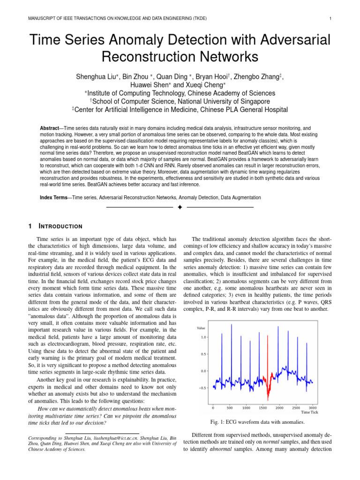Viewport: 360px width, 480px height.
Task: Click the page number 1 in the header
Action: point(330,18)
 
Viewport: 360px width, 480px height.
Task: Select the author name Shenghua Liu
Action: point(96,77)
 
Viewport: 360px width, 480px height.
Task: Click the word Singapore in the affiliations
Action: point(251,101)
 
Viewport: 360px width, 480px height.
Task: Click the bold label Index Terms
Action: point(53,198)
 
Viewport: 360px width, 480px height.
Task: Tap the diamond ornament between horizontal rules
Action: point(180,207)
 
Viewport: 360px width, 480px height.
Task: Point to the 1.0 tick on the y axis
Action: point(203,337)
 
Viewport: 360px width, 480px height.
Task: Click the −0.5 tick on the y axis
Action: point(202,388)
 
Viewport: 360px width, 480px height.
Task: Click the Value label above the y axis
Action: point(202,328)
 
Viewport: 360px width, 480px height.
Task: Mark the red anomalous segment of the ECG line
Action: point(269,375)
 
